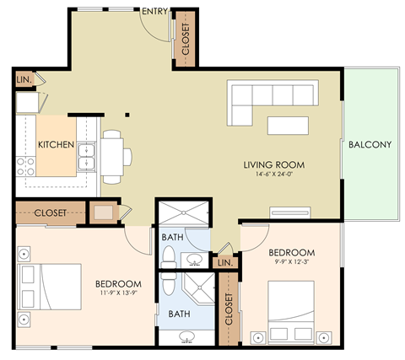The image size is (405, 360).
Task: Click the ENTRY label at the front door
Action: click(x=154, y=11)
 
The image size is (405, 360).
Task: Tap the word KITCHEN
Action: click(x=57, y=144)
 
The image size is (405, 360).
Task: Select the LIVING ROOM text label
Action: click(x=274, y=164)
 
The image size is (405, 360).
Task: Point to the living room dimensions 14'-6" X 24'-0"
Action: click(x=274, y=175)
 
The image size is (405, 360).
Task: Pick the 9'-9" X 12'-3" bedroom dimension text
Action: click(x=292, y=262)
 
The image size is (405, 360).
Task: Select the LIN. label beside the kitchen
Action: click(x=23, y=80)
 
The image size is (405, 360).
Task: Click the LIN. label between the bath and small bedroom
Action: click(x=224, y=263)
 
